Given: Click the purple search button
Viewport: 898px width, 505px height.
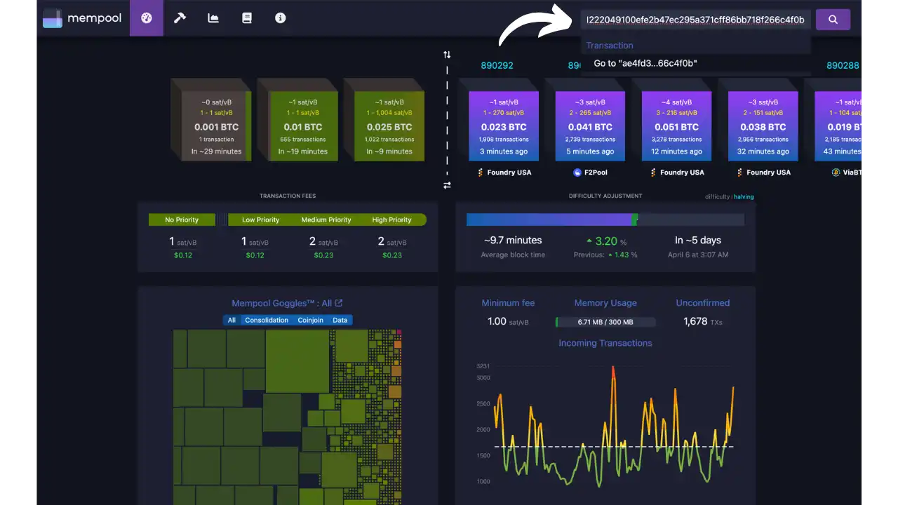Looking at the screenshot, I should (x=833, y=20).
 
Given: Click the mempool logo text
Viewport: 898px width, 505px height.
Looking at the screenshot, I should (x=94, y=19).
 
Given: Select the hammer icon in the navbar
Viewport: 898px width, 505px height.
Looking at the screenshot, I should (x=180, y=18).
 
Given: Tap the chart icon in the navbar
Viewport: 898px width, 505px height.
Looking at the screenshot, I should (x=213, y=18).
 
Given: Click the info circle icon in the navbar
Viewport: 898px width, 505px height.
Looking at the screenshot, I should (x=281, y=18).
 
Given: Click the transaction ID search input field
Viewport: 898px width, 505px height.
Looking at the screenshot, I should (x=695, y=20).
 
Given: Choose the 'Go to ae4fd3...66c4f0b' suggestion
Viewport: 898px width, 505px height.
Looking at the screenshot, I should (x=645, y=63).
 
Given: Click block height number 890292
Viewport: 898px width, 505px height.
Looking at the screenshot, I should (x=497, y=65).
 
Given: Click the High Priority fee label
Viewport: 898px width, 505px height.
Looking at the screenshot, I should (x=391, y=220).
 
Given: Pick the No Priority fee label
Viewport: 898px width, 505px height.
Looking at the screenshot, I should (x=182, y=220).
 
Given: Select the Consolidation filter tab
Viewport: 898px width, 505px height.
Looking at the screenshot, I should (x=267, y=320).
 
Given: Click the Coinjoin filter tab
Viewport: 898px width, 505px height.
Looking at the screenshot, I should (x=310, y=320).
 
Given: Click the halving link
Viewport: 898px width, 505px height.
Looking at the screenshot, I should (x=744, y=197).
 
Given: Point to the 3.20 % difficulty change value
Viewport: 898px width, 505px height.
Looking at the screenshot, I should (x=605, y=241).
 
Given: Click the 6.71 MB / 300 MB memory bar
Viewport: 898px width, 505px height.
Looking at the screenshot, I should (x=605, y=322).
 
